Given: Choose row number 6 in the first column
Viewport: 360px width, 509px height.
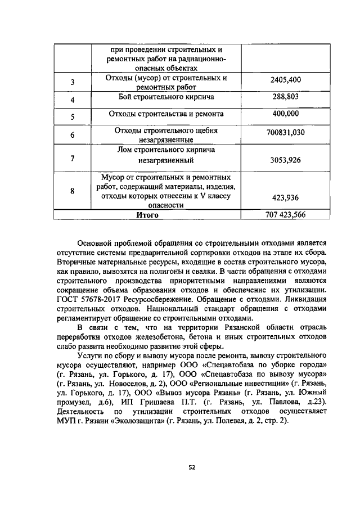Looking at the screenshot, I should coord(72,135).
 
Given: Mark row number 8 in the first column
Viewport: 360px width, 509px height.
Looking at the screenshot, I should coord(72,191).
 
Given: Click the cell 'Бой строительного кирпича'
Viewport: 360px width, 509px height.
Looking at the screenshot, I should coord(166,97).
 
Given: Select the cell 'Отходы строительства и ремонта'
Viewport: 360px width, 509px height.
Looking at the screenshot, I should coord(166,114).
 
